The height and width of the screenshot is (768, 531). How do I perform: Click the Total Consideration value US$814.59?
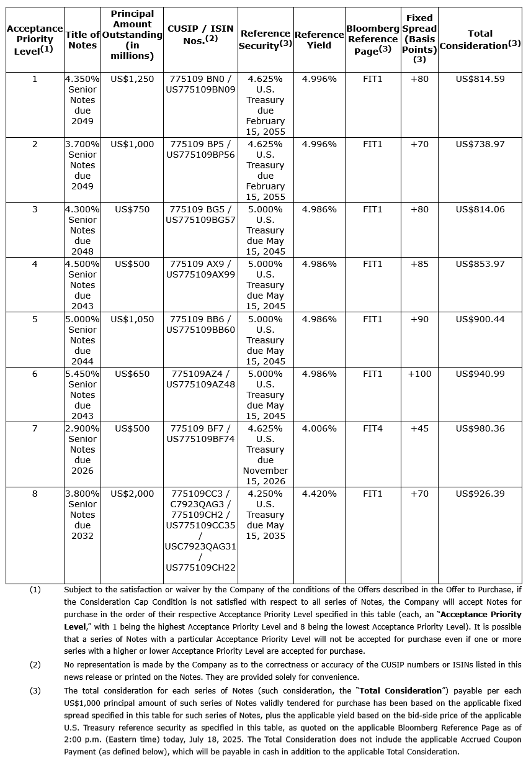480,79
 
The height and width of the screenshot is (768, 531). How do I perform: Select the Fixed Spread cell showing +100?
419,374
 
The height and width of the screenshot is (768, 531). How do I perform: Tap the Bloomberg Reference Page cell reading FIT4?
373,428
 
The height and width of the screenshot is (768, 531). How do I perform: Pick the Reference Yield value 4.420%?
319,494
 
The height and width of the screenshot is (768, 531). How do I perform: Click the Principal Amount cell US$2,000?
132,494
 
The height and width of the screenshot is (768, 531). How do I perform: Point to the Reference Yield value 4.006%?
319,428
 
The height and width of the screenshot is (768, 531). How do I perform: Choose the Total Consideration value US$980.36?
480,428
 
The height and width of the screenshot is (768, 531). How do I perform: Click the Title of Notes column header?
83,40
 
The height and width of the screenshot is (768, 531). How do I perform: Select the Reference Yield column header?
319,40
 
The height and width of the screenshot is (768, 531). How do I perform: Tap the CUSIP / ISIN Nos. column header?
200,35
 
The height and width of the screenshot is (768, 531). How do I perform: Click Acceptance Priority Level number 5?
35,319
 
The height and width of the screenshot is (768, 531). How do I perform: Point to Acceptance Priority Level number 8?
35,494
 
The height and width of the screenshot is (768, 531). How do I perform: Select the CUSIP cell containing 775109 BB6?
200,319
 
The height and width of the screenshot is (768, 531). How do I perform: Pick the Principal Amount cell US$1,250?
132,79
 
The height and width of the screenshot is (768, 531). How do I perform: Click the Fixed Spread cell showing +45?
419,428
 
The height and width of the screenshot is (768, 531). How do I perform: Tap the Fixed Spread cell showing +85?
419,264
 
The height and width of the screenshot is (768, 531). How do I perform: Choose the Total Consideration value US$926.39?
480,494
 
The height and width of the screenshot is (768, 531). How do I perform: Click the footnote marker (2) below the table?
35,664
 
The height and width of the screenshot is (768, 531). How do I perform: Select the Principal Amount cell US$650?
132,374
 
